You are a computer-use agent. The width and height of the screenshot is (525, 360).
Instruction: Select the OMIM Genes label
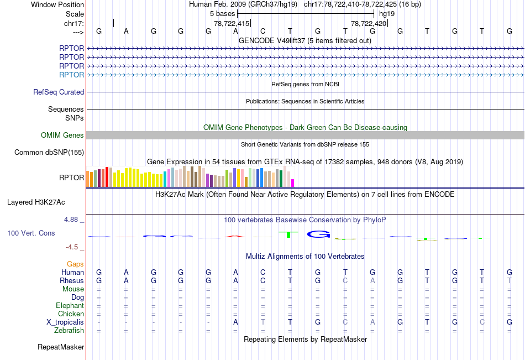tap(62, 135)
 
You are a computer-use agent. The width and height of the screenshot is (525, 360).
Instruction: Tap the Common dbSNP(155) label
tap(49, 153)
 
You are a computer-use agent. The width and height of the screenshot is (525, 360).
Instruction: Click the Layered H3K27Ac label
tap(36, 202)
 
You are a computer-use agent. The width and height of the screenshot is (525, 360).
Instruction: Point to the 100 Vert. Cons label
tap(31, 233)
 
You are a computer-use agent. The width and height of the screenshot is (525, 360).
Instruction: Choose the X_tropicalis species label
tap(65, 322)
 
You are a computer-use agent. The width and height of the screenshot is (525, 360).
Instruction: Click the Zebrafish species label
tap(69, 331)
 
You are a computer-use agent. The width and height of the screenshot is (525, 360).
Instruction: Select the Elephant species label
tap(70, 306)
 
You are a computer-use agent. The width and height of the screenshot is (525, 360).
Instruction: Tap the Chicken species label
tap(71, 314)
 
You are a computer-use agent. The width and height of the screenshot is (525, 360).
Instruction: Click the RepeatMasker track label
tap(61, 347)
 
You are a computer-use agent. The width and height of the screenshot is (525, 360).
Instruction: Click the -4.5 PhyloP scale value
tap(72, 247)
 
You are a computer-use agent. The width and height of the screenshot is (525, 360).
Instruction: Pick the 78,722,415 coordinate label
tap(232, 24)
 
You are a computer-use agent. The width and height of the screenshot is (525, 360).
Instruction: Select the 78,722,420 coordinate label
tap(369, 24)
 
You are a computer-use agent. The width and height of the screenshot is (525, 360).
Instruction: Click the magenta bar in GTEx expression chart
tap(293, 182)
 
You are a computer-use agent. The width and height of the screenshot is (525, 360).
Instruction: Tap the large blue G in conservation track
tap(318, 234)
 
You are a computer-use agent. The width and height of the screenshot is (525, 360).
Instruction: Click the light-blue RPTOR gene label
tap(72, 75)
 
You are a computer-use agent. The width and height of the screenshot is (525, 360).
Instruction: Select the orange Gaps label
tap(75, 264)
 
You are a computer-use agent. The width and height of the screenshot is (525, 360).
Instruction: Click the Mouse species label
tap(73, 289)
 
